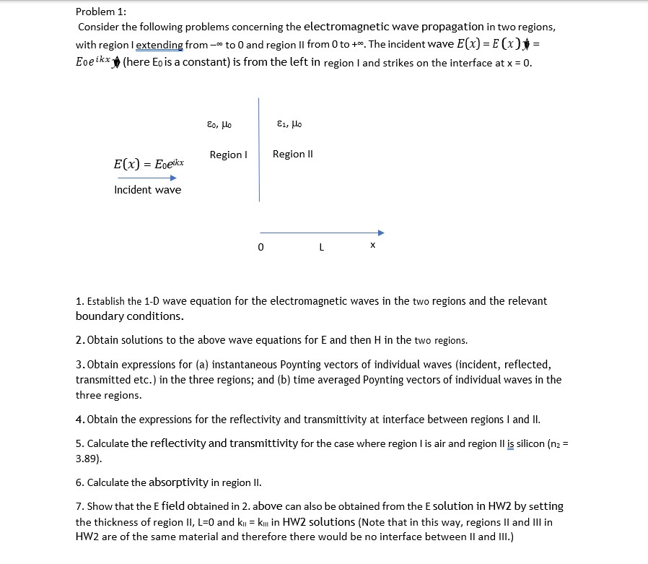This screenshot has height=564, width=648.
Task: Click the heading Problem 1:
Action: (x=100, y=12)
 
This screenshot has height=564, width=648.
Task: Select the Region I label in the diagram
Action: (x=228, y=155)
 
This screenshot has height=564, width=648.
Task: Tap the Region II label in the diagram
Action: (x=292, y=154)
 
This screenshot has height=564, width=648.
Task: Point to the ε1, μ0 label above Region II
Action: (x=289, y=124)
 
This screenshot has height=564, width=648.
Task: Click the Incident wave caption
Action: (x=147, y=190)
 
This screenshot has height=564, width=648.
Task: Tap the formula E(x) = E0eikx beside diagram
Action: (x=149, y=164)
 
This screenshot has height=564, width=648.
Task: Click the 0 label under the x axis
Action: (x=260, y=247)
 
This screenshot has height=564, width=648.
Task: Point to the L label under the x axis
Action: (x=321, y=247)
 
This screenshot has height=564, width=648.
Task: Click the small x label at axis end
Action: (x=372, y=246)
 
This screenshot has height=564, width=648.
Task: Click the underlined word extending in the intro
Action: (x=159, y=45)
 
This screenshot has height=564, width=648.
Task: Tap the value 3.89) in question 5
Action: (x=90, y=458)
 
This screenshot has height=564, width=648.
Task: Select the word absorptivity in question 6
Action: (x=178, y=482)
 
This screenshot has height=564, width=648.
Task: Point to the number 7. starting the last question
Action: (x=79, y=506)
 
